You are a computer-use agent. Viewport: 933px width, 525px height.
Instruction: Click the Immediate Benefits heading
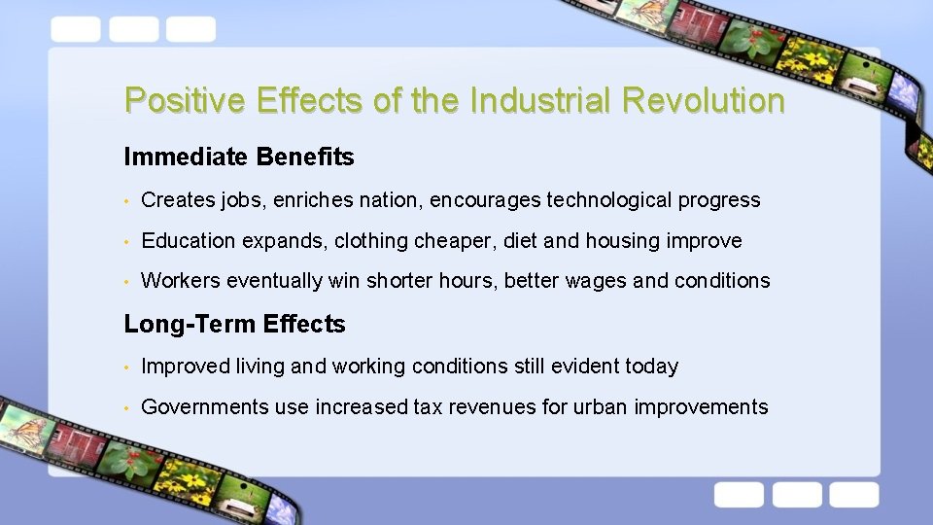pyautogui.click(x=239, y=157)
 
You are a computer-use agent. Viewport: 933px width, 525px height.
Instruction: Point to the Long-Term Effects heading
pyautogui.click(x=234, y=324)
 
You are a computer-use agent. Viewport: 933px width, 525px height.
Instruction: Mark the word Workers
pyautogui.click(x=181, y=281)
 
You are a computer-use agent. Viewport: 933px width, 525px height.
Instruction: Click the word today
pyautogui.click(x=651, y=367)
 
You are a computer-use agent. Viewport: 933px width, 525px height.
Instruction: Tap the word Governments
pyautogui.click(x=205, y=407)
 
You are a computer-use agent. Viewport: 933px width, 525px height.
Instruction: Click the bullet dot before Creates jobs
pyautogui.click(x=127, y=201)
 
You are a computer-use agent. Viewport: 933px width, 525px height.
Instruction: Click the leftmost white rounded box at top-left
pyautogui.click(x=75, y=29)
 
